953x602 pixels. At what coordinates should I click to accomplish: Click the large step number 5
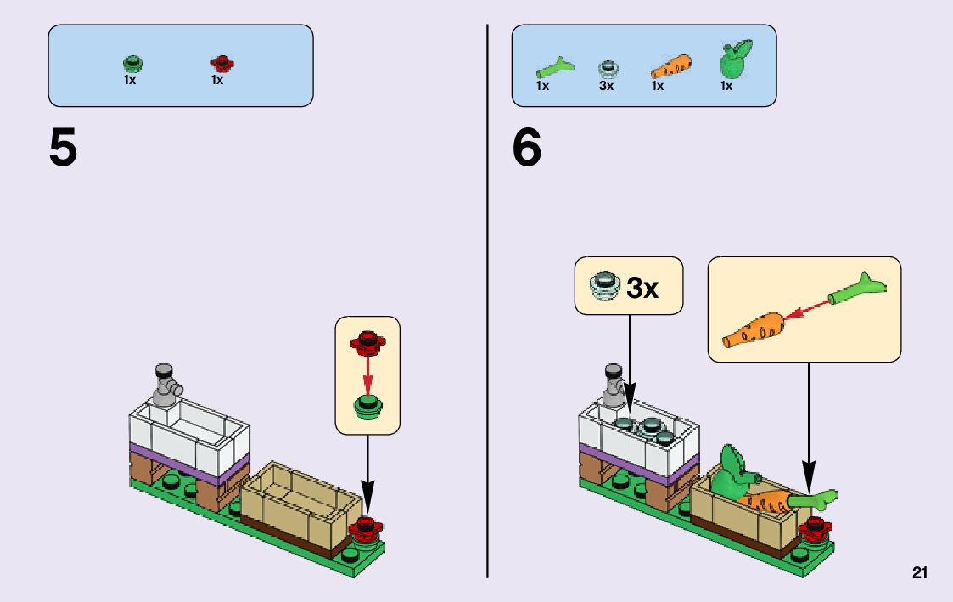click(x=64, y=149)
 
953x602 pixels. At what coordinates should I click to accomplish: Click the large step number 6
click(x=527, y=149)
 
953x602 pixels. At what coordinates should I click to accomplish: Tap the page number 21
click(x=920, y=573)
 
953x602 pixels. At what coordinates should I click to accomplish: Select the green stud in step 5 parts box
click(x=132, y=64)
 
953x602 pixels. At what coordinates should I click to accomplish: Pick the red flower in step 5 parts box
click(x=221, y=64)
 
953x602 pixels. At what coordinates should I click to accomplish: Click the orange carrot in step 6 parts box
click(x=670, y=66)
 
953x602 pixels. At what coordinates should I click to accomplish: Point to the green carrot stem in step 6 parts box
click(x=554, y=66)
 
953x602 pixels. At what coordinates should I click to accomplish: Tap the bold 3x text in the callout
click(x=642, y=289)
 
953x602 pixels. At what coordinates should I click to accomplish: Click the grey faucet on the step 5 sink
click(x=166, y=381)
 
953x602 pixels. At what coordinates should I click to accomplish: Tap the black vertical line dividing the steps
click(x=488, y=297)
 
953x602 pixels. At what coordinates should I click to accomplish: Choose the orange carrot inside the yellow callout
click(x=754, y=329)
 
